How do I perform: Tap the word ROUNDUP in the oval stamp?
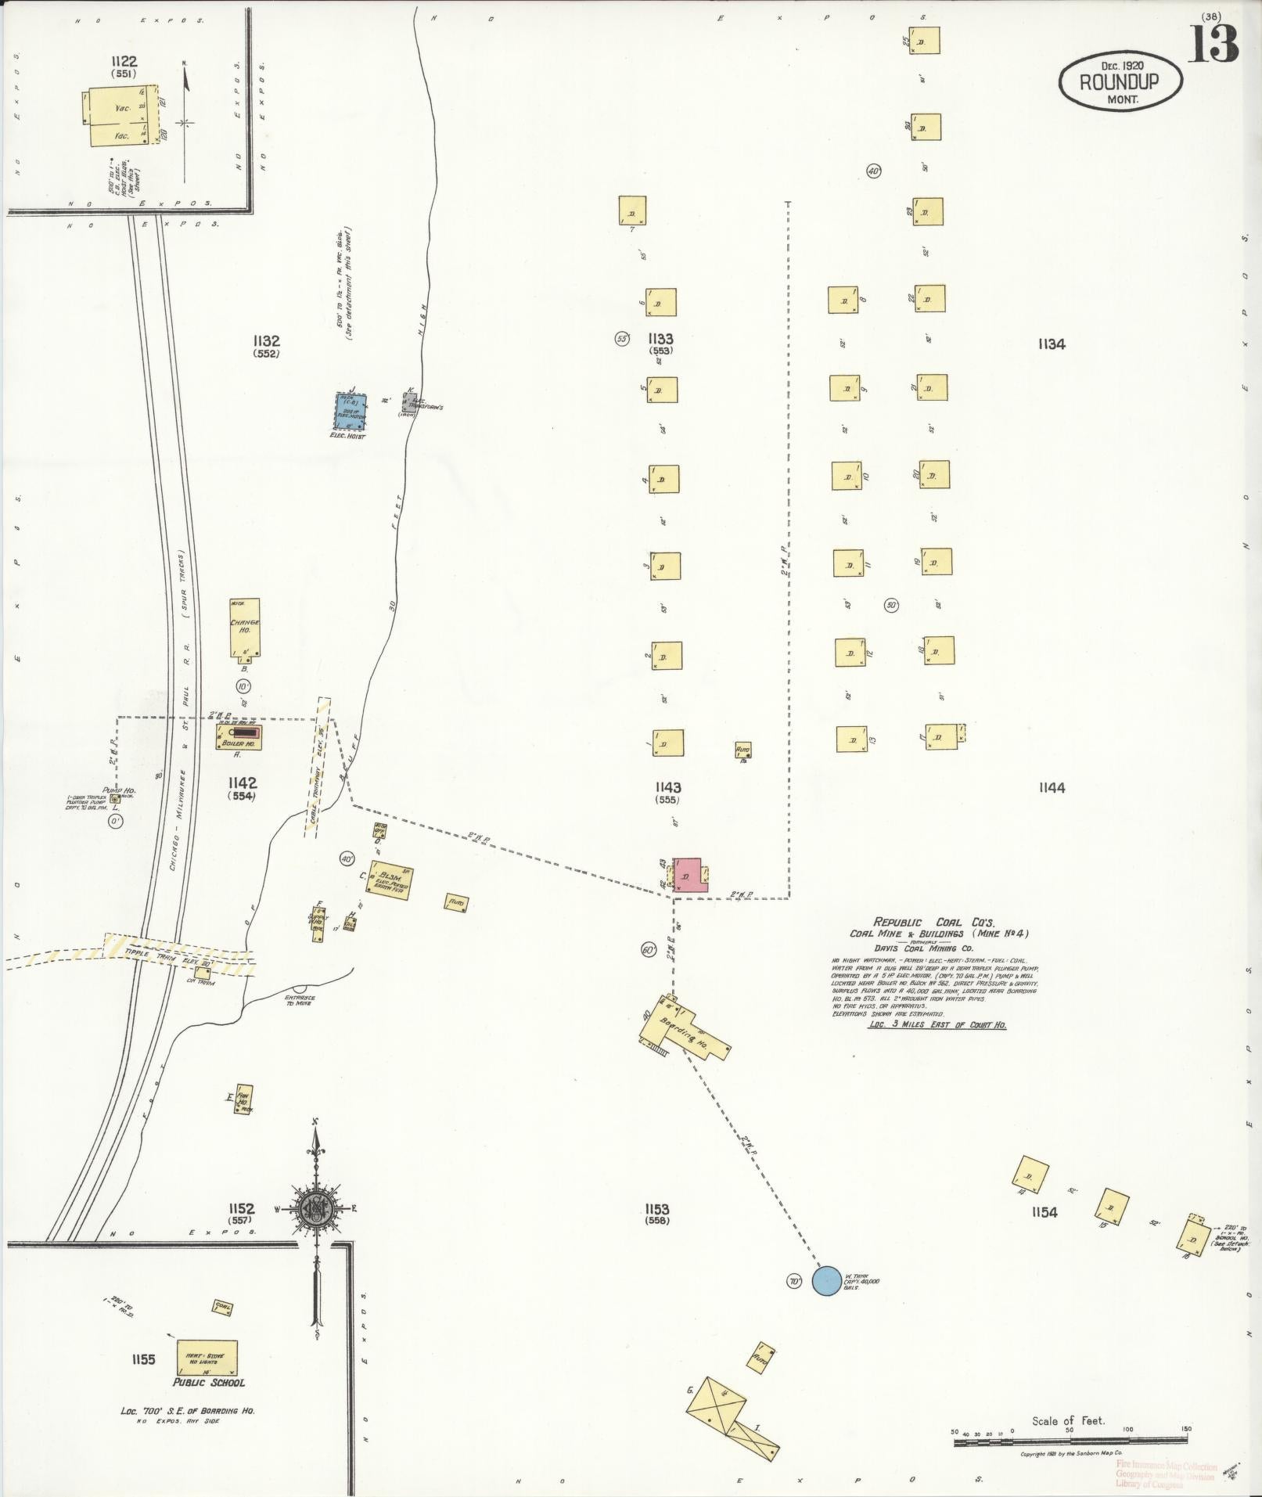[x=1119, y=81]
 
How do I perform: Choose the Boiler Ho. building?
[x=239, y=737]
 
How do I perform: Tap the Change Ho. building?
[x=245, y=627]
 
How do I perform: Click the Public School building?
[x=207, y=1356]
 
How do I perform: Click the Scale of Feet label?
[x=1068, y=1420]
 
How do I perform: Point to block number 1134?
[x=1052, y=344]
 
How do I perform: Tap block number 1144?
[x=1052, y=788]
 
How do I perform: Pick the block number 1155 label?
[x=144, y=1359]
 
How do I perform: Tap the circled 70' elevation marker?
[x=795, y=1282]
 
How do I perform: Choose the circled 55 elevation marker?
[x=623, y=339]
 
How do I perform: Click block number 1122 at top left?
[x=124, y=62]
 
